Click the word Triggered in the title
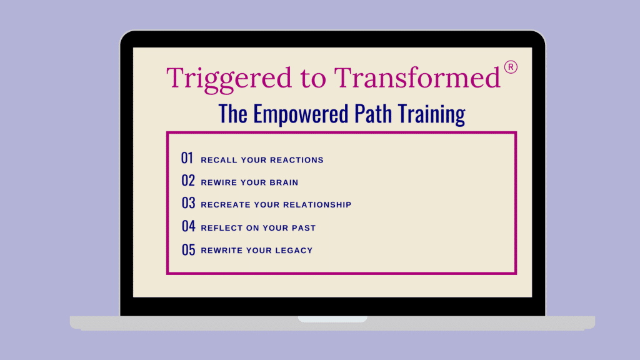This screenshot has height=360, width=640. [x=229, y=79]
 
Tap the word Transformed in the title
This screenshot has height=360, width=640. [x=417, y=77]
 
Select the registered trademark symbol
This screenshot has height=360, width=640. [x=511, y=67]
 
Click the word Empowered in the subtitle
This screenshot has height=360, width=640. [x=301, y=114]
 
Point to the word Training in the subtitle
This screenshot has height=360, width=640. [x=431, y=114]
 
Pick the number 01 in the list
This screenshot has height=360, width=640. [x=187, y=158]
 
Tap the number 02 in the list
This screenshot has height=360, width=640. [x=188, y=181]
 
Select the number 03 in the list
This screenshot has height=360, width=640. [x=188, y=203]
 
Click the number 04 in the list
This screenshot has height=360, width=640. [x=188, y=226]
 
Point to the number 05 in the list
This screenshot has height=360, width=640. [x=188, y=250]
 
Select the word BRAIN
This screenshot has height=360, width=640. [x=284, y=182]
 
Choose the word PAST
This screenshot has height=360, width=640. [x=303, y=227]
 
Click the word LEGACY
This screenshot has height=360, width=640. [x=294, y=250]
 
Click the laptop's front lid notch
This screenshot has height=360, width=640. [x=332, y=319]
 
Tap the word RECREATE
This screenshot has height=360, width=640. [x=225, y=204]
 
